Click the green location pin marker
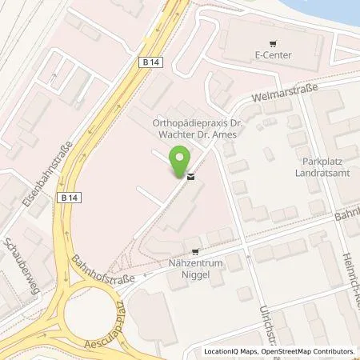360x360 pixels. (x=182, y=160)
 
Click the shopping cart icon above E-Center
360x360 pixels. (x=274, y=43)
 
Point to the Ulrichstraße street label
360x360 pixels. (x=268, y=324)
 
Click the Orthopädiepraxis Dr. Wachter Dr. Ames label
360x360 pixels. (x=190, y=128)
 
